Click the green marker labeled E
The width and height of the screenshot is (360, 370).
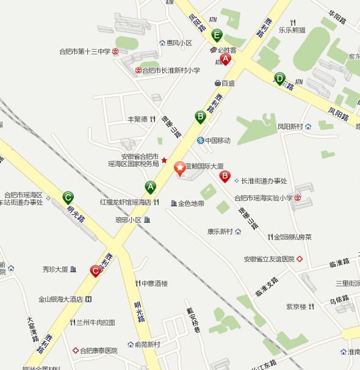(217, 35)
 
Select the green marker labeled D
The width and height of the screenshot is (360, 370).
(279, 78)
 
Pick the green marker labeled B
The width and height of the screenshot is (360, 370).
(200, 116)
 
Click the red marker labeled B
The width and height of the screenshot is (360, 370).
(225, 176)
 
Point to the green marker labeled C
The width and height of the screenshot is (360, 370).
(68, 197)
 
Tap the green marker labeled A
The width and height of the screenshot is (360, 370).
(150, 187)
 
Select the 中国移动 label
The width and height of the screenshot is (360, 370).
(217, 141)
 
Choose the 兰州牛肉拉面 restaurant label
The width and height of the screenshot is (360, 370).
(95, 322)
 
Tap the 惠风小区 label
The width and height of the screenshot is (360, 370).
(179, 43)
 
